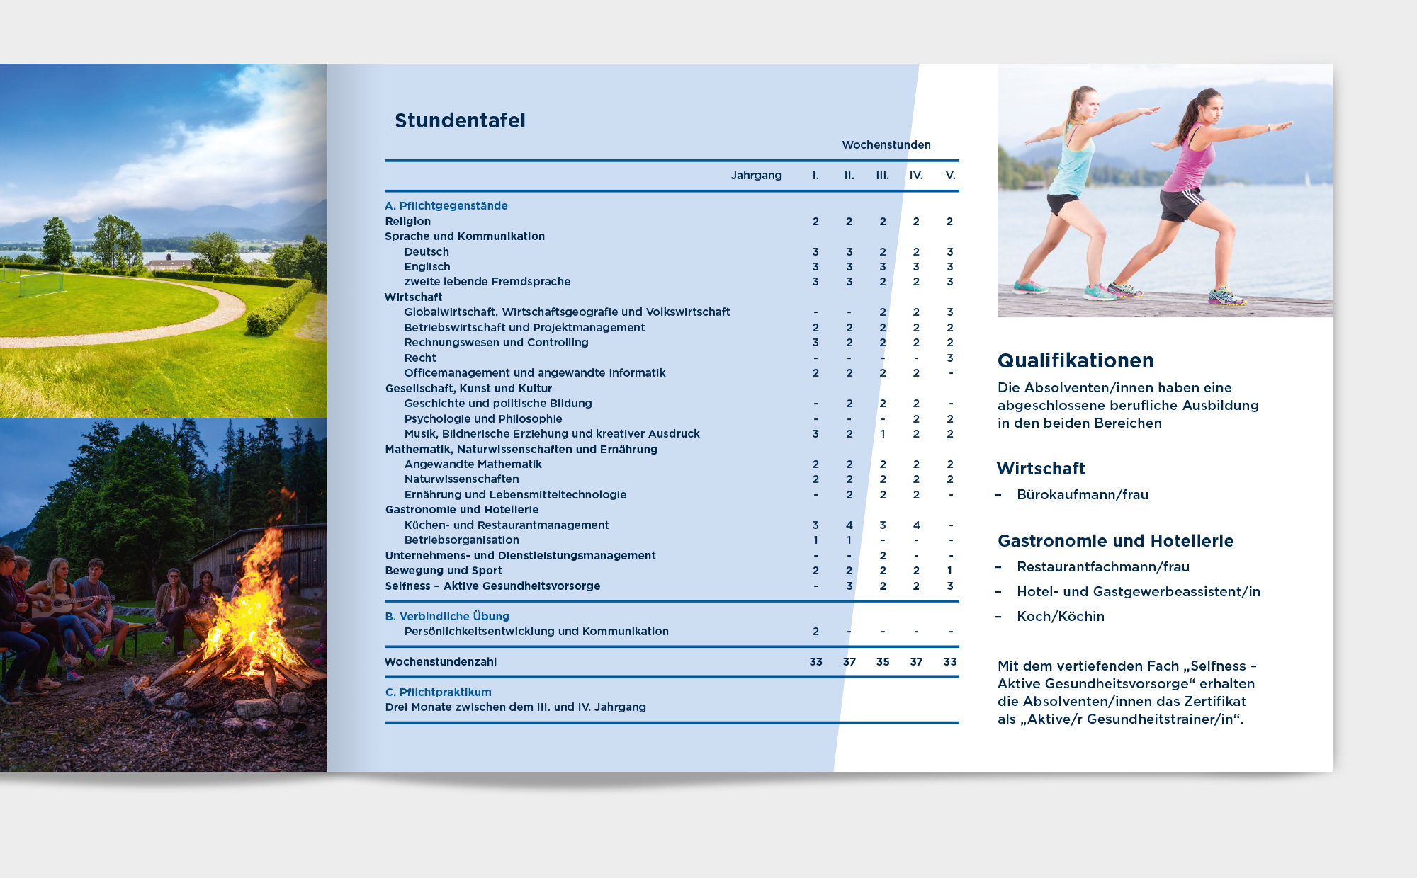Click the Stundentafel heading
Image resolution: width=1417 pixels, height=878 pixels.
tap(460, 120)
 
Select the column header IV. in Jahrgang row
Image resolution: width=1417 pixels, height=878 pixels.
tap(916, 176)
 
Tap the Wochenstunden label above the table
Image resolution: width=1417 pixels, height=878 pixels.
tap(886, 144)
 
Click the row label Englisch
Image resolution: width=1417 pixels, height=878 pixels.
tap(427, 267)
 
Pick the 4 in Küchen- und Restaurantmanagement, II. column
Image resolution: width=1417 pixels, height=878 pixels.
tap(849, 525)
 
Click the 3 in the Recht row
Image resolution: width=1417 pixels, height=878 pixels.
tap(950, 358)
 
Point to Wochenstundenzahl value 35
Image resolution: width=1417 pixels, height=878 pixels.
tap(883, 662)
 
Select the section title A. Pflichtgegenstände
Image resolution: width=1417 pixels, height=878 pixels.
tap(446, 206)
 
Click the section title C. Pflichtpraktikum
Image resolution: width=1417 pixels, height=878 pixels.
tap(438, 692)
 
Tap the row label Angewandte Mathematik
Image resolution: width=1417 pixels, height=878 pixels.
tap(473, 464)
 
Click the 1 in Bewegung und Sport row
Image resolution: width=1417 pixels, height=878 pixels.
tap(950, 571)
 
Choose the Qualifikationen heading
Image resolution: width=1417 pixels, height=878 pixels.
tap(1075, 361)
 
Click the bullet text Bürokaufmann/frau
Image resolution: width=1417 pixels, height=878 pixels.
tap(1082, 495)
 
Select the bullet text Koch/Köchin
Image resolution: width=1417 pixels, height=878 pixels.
tap(1060, 617)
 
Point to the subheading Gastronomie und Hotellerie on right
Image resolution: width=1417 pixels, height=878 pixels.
tap(1115, 541)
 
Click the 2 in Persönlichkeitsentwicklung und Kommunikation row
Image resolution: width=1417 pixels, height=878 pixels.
tap(815, 632)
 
